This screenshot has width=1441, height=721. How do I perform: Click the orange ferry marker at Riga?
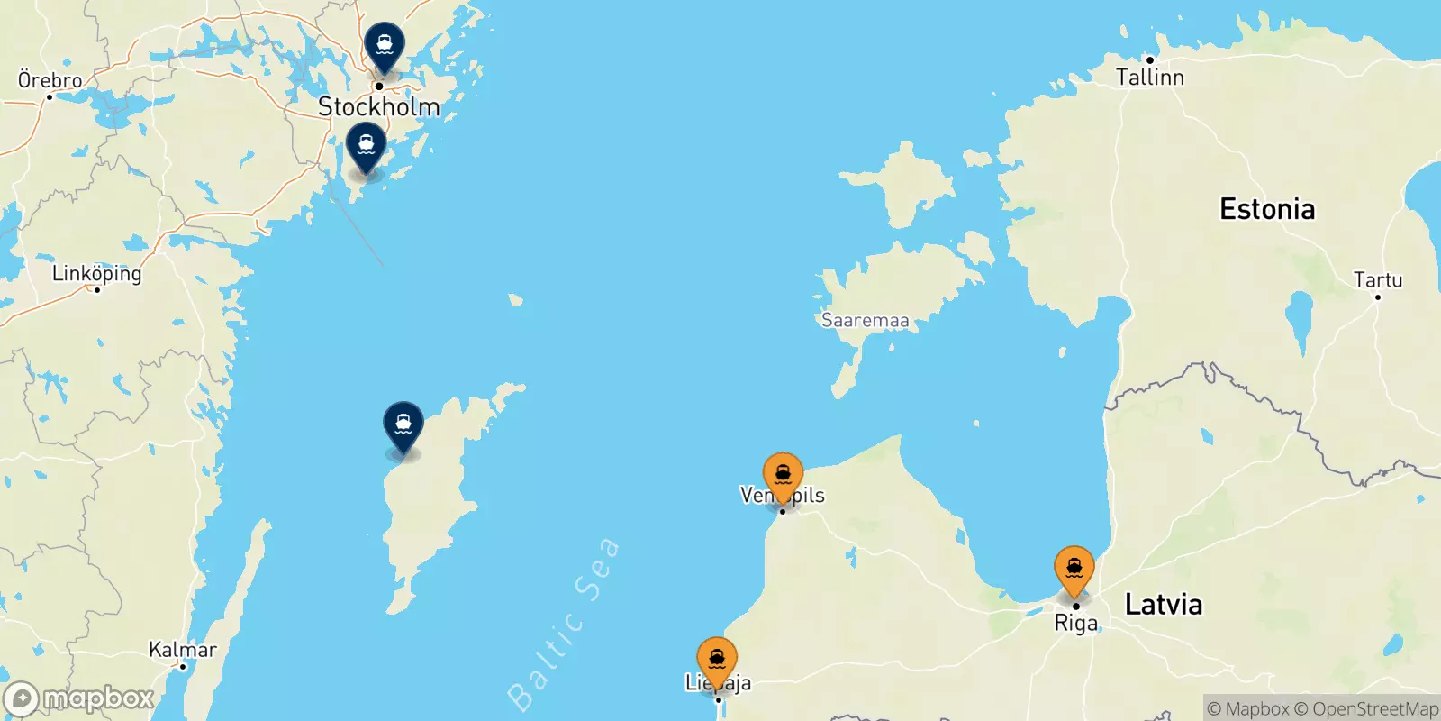point(1074,568)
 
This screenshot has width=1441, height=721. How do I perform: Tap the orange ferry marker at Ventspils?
point(783,474)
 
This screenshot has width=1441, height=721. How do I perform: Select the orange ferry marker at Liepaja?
point(717,659)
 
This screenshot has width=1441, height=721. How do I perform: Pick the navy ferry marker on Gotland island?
point(403,424)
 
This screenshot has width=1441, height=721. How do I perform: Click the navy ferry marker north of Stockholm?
point(385,44)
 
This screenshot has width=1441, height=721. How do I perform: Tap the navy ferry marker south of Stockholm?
point(367,144)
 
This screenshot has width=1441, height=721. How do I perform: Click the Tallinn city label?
point(1150,78)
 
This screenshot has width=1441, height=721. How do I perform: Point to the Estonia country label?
point(1266,209)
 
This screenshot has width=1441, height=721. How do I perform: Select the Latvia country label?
point(1164,604)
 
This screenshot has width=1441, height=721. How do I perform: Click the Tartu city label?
point(1377,280)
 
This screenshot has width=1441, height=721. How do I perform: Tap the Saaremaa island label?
point(865,320)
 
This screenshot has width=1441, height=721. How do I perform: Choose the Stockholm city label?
point(378,106)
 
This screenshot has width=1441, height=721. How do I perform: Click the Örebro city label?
point(50,80)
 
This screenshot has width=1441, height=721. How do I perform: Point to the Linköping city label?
point(97,273)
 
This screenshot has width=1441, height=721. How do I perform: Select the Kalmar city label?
point(183,650)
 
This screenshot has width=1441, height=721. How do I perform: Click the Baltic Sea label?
point(563,625)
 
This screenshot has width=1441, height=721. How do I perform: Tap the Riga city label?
point(1076,624)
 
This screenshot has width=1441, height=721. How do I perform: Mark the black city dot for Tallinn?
point(1150,60)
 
